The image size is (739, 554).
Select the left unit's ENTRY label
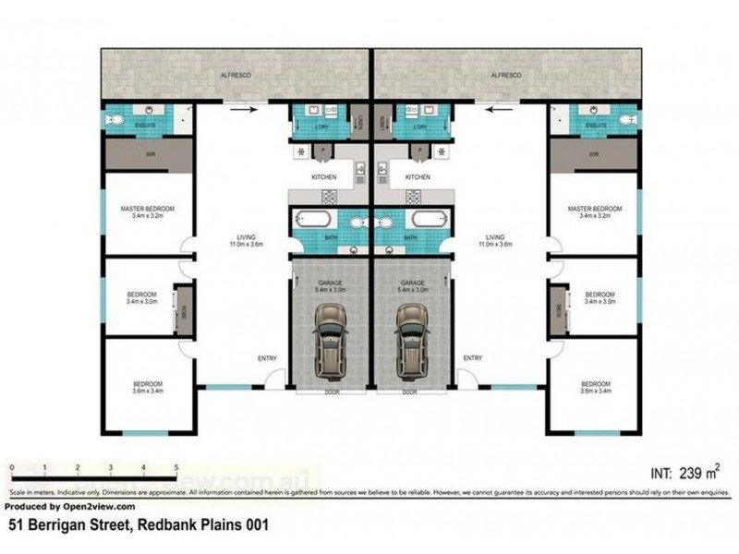coord(268,358)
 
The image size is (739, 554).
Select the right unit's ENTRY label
coord(472,358)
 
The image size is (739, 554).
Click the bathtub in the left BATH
coord(311,219)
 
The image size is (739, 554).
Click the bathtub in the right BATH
coord(429,219)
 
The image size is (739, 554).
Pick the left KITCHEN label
coord(323,176)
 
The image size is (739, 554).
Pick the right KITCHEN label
coord(418,176)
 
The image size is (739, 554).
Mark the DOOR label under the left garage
coord(332,391)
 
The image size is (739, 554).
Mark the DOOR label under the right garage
coord(413,391)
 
